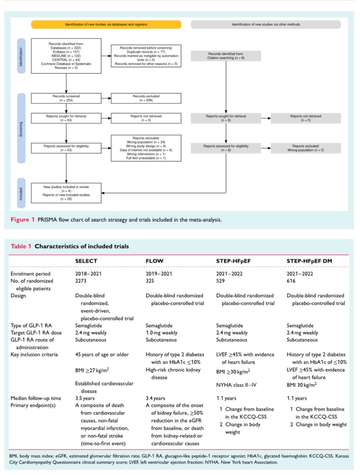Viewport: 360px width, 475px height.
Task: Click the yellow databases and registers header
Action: (106, 25)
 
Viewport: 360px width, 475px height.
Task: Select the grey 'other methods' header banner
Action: (266, 25)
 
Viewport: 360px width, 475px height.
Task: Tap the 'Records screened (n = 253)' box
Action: (66, 98)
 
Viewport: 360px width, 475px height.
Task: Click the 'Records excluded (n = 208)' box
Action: (146, 98)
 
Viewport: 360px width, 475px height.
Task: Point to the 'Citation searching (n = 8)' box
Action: (226, 56)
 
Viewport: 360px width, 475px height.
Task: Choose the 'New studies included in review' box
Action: (66, 193)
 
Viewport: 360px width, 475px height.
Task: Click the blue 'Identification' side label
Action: (21, 56)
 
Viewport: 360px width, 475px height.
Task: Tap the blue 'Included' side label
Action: (21, 193)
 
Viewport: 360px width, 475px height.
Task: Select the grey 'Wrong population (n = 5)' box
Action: (306, 148)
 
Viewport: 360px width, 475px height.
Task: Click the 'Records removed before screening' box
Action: (146, 56)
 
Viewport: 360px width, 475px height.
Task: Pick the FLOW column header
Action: (154, 261)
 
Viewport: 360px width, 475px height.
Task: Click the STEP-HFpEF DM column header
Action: (309, 261)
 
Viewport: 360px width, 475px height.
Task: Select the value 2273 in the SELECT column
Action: (80, 281)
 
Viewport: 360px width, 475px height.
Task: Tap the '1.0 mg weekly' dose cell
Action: (161, 332)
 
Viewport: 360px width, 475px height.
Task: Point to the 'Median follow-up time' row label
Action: (36, 398)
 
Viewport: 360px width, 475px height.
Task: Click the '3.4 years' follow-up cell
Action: (155, 398)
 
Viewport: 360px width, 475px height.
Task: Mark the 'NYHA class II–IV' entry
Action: (236, 385)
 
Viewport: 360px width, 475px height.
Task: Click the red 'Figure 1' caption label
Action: (23, 220)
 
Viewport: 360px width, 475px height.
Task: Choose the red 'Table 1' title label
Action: (21, 246)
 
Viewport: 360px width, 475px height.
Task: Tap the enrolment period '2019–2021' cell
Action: (159, 274)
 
